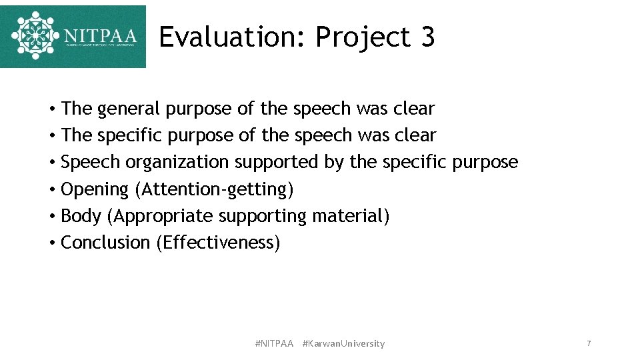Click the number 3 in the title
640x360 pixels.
coord(427,37)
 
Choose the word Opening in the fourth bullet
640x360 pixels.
coord(95,190)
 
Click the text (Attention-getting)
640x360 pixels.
coord(214,189)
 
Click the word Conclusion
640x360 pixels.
coord(105,243)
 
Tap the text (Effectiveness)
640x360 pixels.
coord(219,243)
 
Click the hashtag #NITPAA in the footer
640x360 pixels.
coord(274,343)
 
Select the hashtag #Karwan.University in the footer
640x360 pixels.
coord(343,343)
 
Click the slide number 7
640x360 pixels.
coord(589,343)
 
